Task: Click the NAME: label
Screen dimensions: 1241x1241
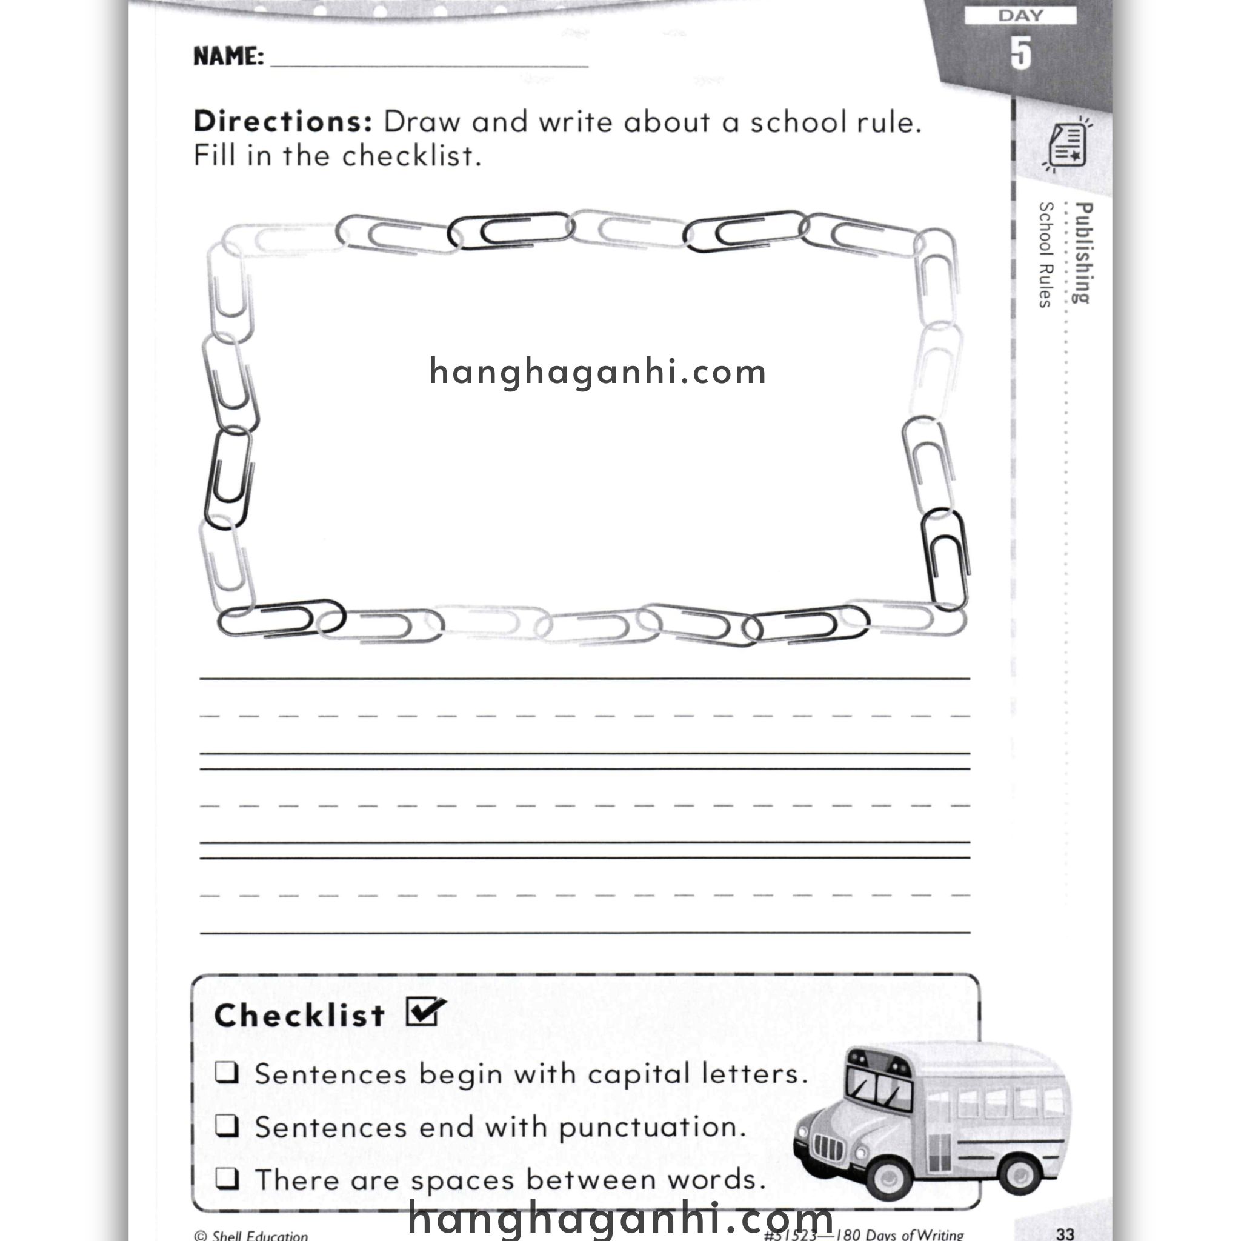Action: click(228, 56)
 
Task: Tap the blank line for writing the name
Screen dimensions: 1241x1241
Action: click(429, 62)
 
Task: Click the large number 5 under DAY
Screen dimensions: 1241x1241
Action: click(1020, 53)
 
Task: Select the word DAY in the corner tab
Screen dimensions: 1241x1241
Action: click(1020, 15)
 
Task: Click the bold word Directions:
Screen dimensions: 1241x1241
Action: click(282, 122)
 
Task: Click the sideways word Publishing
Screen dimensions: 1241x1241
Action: click(1083, 253)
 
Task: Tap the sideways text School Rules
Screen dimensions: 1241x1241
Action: click(1046, 255)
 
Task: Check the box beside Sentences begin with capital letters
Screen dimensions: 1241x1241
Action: click(227, 1073)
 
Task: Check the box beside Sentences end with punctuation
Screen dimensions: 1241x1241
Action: click(227, 1126)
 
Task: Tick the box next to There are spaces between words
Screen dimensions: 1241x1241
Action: click(227, 1179)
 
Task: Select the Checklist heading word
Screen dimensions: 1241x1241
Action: click(299, 1016)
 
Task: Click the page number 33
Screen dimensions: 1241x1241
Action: click(1065, 1233)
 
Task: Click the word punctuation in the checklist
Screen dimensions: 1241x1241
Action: click(652, 1128)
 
